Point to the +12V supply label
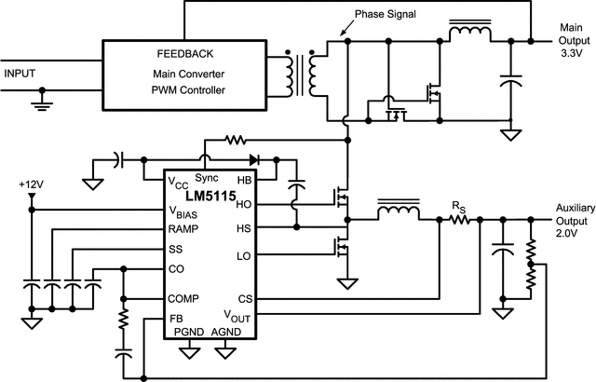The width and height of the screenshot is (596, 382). (x=31, y=183)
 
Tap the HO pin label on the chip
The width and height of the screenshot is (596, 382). (x=245, y=203)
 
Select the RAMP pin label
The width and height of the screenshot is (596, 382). (x=183, y=228)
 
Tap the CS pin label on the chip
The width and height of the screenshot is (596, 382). (x=245, y=299)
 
